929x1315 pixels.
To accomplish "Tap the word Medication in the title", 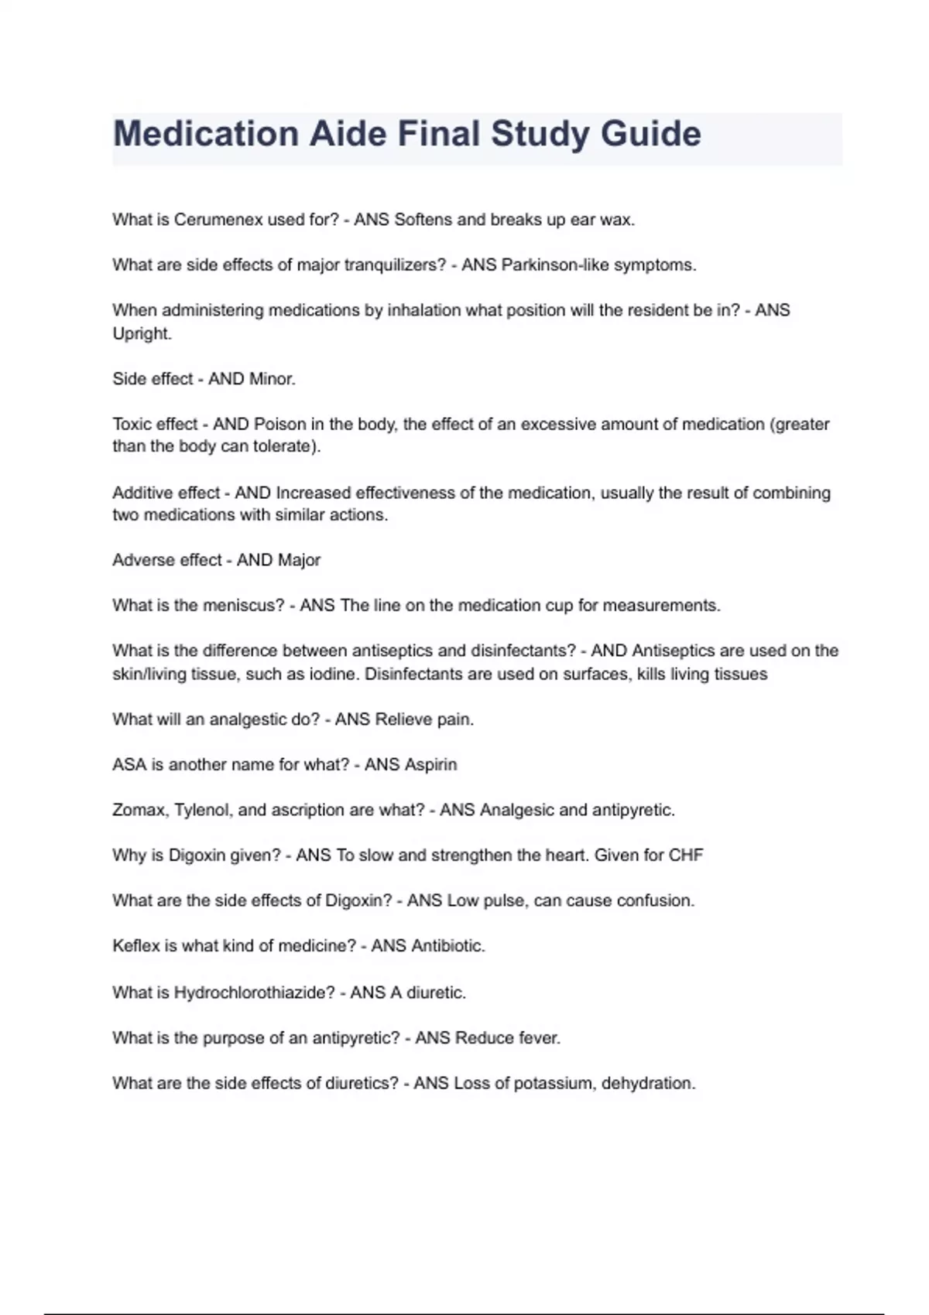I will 206,134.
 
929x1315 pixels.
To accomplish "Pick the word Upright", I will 142,333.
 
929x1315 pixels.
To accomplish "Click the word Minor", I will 273,379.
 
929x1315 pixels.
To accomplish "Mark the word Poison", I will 280,424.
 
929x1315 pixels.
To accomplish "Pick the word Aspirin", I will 430,765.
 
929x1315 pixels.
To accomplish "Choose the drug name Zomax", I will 139,810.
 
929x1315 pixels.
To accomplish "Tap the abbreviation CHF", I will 686,856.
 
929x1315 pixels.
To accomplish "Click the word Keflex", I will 135,946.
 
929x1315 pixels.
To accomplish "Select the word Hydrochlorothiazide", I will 254,992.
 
